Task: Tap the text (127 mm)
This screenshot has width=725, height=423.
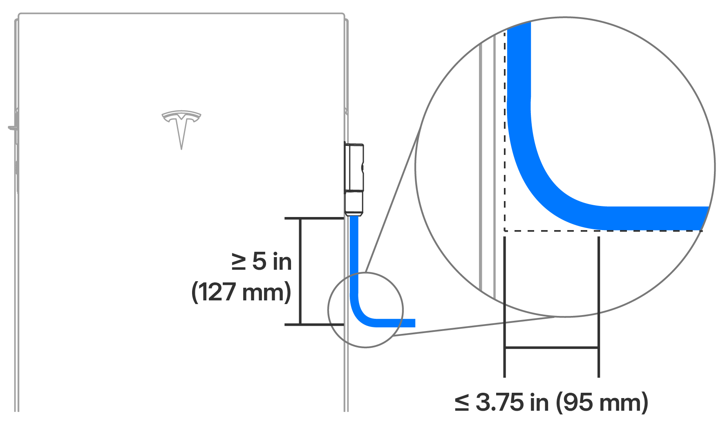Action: click(241, 292)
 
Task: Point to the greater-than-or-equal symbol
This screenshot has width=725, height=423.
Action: click(239, 262)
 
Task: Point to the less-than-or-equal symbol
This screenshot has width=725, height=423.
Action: click(462, 402)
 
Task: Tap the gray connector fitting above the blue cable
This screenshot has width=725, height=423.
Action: click(354, 179)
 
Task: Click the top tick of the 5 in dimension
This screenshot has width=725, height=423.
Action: click(314, 218)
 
